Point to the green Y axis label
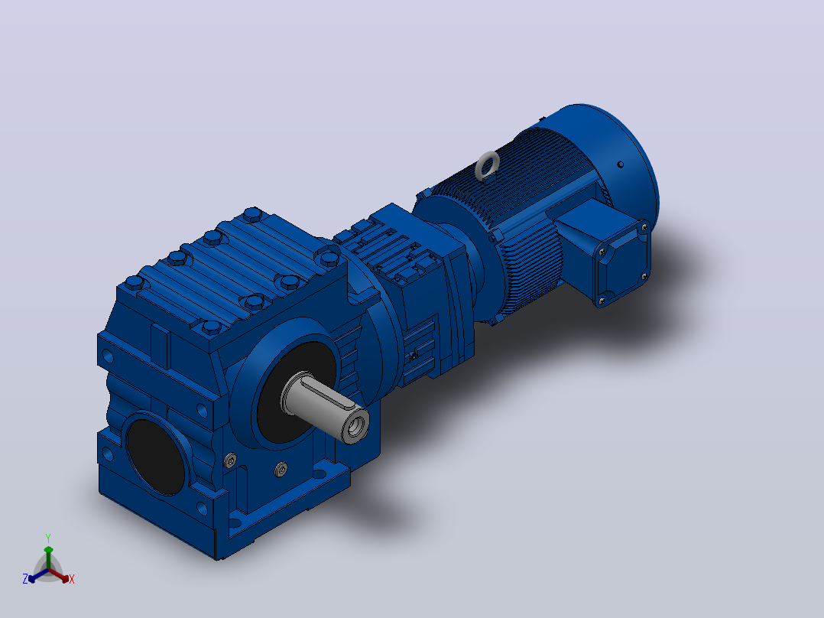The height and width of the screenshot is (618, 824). coord(48,538)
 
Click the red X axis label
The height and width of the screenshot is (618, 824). coord(72,579)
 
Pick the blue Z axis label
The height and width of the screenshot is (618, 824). coord(25,579)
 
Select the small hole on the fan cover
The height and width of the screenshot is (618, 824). coord(621,164)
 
